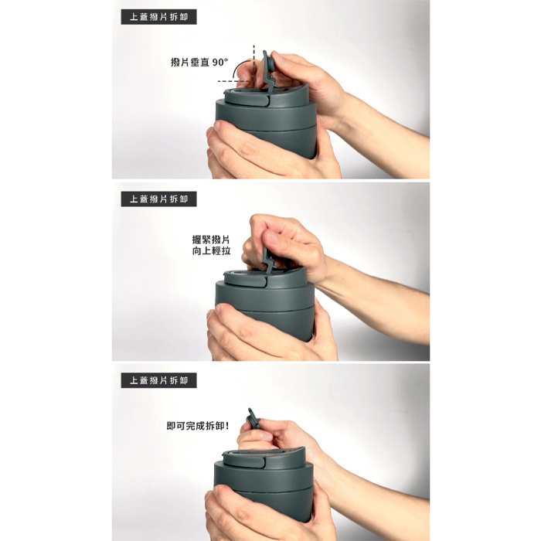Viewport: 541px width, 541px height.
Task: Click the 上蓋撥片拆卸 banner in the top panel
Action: tap(158, 17)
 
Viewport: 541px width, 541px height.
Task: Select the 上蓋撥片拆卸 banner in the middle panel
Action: tap(158, 199)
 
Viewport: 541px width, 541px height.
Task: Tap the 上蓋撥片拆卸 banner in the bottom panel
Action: tap(158, 380)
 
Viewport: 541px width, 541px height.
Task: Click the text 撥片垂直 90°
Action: tap(199, 62)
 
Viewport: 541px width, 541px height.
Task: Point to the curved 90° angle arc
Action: tap(237, 66)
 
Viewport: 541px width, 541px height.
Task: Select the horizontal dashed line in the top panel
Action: tap(236, 81)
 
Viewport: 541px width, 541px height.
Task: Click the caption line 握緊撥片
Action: tap(211, 240)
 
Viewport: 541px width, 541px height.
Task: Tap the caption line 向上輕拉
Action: tap(211, 251)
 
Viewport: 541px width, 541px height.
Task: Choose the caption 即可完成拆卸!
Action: tap(198, 426)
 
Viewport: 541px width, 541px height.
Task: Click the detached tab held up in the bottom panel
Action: tap(253, 418)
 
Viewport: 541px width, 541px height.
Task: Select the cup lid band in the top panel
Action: tap(266, 114)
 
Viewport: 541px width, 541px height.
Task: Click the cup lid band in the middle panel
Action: tap(265, 298)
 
